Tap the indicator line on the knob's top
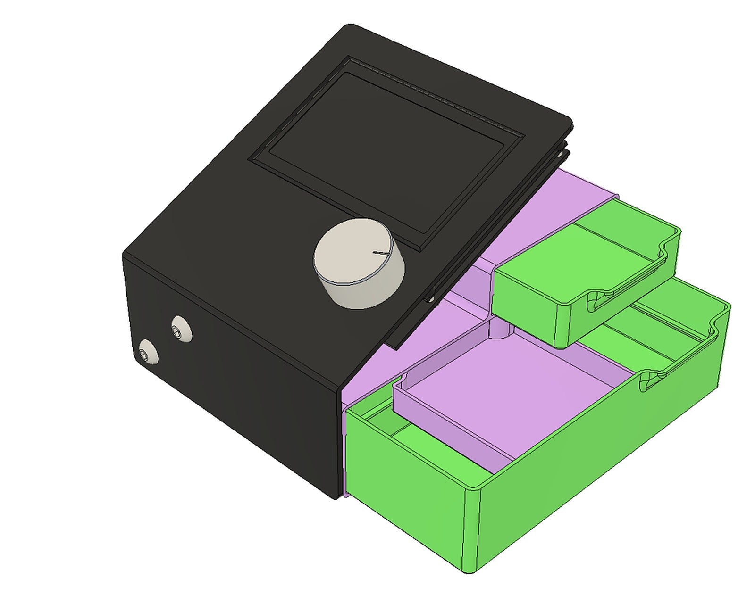pos(380,253)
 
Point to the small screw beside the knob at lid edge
pos(430,298)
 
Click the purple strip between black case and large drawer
pos(344,453)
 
